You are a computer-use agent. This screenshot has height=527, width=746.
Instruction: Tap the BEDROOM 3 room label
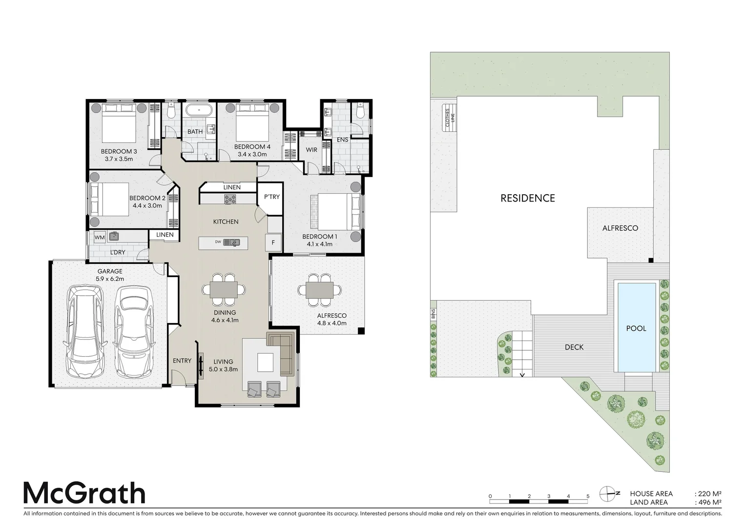point(119,151)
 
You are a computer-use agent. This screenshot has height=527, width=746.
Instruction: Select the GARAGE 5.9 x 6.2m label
point(110,275)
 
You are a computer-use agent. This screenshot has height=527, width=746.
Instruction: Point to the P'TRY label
point(271,197)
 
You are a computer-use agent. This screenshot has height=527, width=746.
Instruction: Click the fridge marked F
point(273,243)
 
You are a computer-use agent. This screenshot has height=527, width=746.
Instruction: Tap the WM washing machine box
point(100,238)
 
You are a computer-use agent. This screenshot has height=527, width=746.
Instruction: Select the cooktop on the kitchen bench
point(229,199)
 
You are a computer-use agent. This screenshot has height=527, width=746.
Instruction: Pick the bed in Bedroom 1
point(333,212)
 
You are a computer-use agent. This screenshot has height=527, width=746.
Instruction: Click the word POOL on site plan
point(636,328)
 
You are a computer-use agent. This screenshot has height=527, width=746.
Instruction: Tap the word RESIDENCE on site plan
point(527,198)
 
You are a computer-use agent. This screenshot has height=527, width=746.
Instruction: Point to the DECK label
point(574,347)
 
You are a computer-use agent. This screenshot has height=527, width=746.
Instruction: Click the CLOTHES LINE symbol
point(449,118)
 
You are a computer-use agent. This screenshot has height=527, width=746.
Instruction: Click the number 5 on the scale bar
point(587,496)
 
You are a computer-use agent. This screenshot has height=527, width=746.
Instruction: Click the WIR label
point(311,150)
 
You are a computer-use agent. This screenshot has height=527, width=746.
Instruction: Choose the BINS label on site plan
point(433,314)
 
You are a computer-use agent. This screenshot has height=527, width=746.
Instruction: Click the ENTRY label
point(182,361)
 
